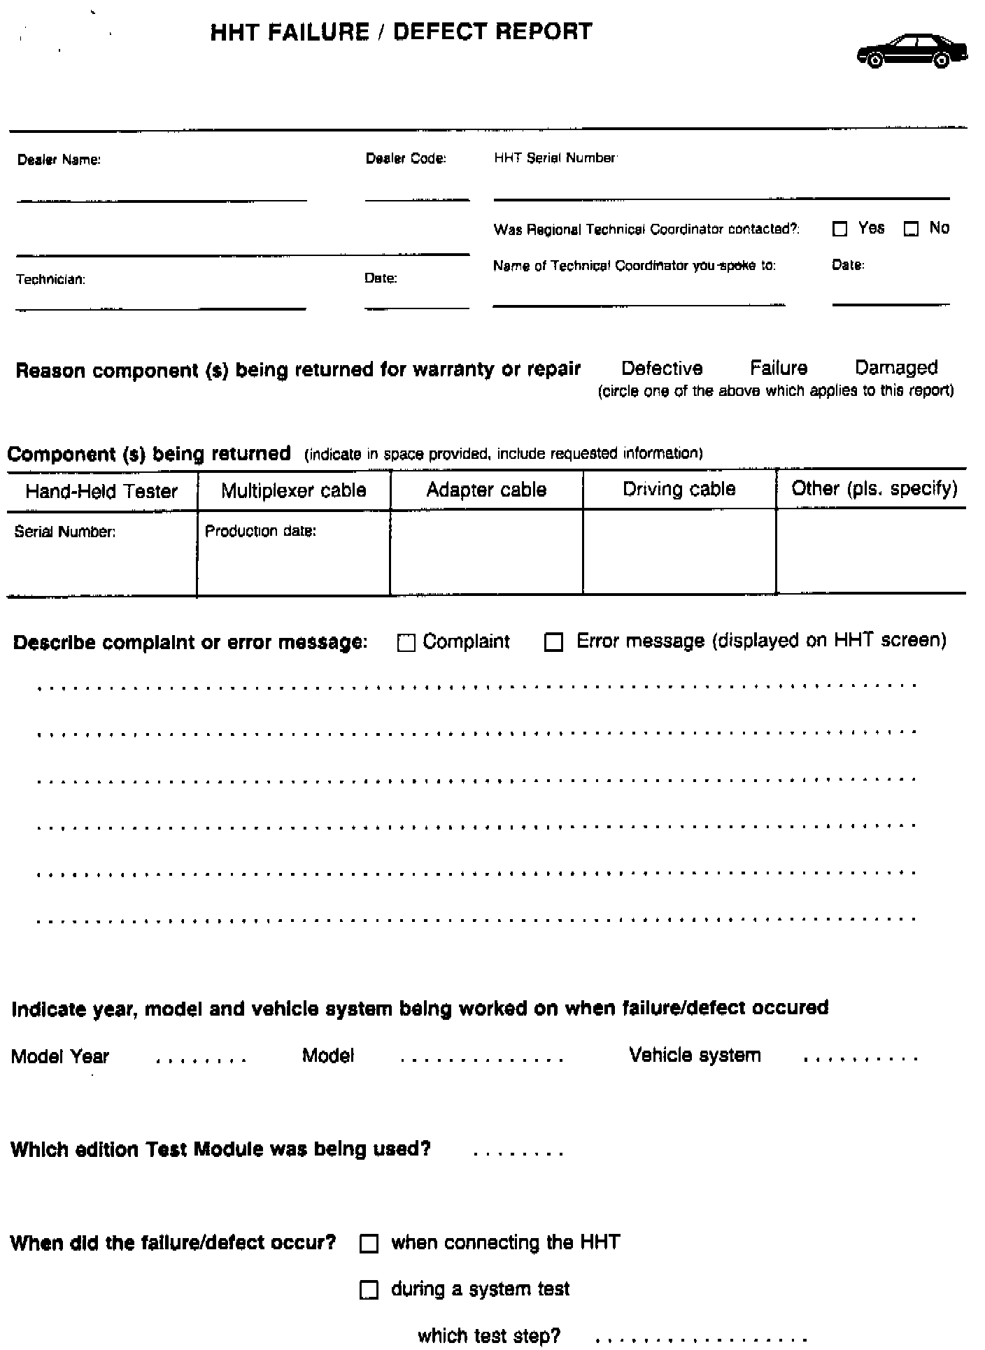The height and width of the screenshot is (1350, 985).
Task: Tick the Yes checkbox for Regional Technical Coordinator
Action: click(x=840, y=229)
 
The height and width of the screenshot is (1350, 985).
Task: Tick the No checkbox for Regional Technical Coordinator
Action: click(x=911, y=229)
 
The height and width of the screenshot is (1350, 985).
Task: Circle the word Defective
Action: click(x=662, y=369)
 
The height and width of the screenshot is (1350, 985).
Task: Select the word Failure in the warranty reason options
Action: click(x=779, y=368)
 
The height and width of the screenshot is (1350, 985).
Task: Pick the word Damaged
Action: click(x=896, y=367)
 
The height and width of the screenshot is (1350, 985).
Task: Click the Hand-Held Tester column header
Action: click(x=101, y=491)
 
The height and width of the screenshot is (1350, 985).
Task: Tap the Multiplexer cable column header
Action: click(x=294, y=490)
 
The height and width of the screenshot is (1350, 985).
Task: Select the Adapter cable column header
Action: click(x=486, y=490)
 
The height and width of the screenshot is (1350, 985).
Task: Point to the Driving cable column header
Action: click(x=679, y=489)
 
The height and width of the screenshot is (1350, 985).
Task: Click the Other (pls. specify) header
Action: click(x=874, y=488)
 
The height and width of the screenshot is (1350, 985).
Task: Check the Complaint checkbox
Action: click(x=406, y=643)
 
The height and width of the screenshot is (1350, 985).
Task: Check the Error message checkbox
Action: click(x=553, y=642)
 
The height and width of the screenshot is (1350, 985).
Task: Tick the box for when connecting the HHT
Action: click(x=369, y=1244)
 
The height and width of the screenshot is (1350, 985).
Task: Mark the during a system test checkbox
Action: click(x=369, y=1290)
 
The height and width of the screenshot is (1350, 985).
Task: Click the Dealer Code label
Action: click(x=406, y=159)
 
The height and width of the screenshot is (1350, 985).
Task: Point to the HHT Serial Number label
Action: click(x=555, y=158)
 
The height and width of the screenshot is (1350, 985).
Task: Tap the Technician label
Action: click(x=50, y=280)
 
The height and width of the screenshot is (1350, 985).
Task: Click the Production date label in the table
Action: click(x=260, y=532)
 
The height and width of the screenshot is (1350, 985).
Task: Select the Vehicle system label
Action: click(x=695, y=1056)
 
